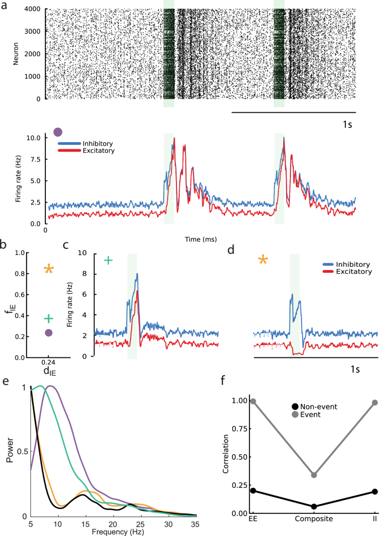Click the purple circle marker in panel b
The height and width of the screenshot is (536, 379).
pos(49,332)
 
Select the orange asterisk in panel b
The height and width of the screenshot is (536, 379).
pos(49,269)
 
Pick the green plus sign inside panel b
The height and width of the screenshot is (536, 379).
pos(49,318)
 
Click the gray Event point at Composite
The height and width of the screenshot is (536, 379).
pos(314,475)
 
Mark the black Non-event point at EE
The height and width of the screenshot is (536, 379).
pos(253,491)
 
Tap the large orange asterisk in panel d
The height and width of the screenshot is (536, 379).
pos(263,259)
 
